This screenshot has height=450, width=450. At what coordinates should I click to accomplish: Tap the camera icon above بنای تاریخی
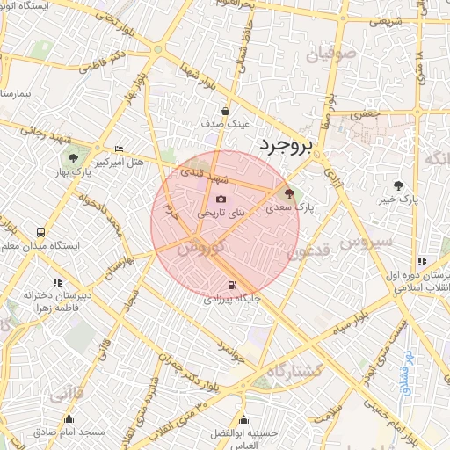click(x=220, y=199)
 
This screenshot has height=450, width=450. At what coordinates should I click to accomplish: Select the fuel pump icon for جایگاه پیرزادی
click(x=232, y=285)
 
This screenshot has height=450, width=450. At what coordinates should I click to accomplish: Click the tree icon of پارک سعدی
click(x=289, y=192)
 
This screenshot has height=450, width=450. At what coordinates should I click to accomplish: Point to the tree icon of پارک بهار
click(x=73, y=158)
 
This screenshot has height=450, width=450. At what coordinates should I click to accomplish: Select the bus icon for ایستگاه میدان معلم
click(x=40, y=233)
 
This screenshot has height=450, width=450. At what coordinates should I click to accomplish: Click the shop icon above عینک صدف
click(x=226, y=111)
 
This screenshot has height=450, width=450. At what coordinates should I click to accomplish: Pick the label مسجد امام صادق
click(x=69, y=432)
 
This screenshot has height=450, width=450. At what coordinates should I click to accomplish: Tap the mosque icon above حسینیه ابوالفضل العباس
click(x=243, y=420)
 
